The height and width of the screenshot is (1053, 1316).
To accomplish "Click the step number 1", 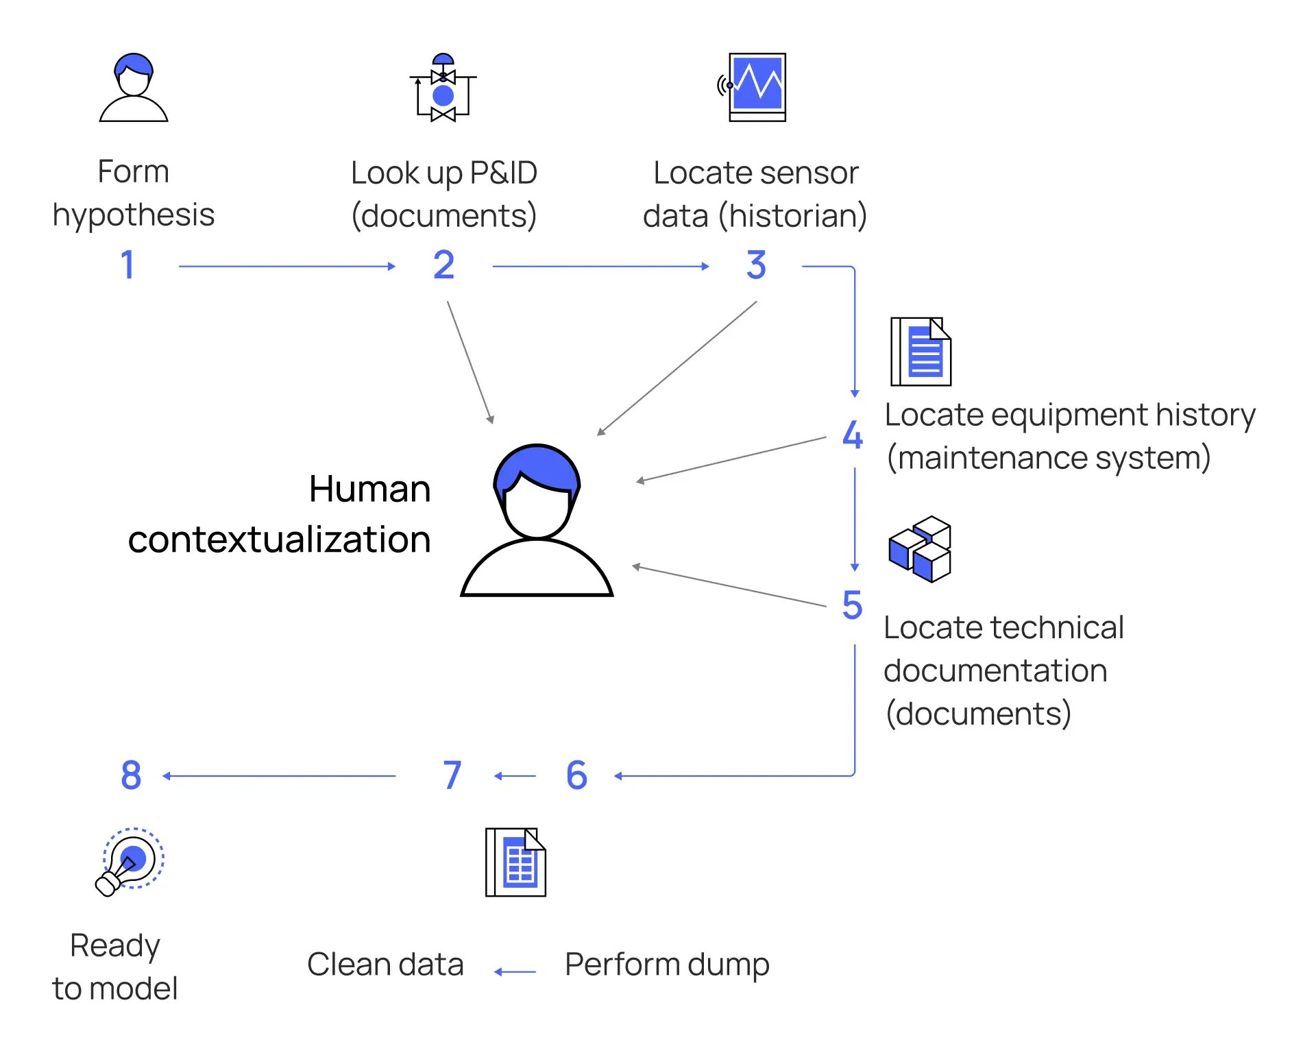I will [x=127, y=265].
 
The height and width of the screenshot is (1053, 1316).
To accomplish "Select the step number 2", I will [x=443, y=265].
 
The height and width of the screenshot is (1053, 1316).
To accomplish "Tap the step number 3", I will [x=756, y=265].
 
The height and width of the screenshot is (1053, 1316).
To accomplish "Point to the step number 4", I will [x=852, y=435].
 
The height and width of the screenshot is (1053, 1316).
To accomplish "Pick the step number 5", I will [x=852, y=605].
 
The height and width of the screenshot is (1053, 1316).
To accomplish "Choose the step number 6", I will [x=576, y=775].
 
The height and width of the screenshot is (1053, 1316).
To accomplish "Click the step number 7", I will [x=452, y=775].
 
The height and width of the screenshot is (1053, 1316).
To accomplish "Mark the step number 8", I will [x=131, y=775].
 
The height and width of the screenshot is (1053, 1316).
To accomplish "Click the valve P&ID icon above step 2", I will [x=443, y=88].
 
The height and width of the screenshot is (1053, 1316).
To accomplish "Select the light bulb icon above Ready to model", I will [x=130, y=862].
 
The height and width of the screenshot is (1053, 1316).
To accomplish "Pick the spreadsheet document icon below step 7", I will [x=515, y=862].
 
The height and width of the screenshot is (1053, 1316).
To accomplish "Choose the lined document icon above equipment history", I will [x=921, y=352].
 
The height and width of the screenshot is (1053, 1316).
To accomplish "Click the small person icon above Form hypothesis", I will [x=134, y=88].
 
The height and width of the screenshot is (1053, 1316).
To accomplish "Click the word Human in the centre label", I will [x=369, y=489].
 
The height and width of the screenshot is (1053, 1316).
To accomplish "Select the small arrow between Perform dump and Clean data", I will [x=515, y=971].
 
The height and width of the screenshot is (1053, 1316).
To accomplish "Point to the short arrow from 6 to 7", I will [x=515, y=776].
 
